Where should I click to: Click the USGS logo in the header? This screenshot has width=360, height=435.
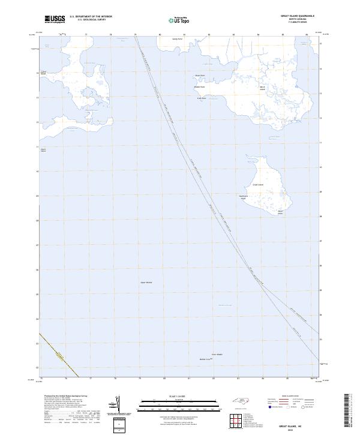pyautogui.click(x=55, y=19)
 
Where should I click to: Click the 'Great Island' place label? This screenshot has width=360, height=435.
pyautogui.click(x=257, y=185)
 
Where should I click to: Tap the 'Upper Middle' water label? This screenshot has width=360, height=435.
pyautogui.click(x=146, y=282)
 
